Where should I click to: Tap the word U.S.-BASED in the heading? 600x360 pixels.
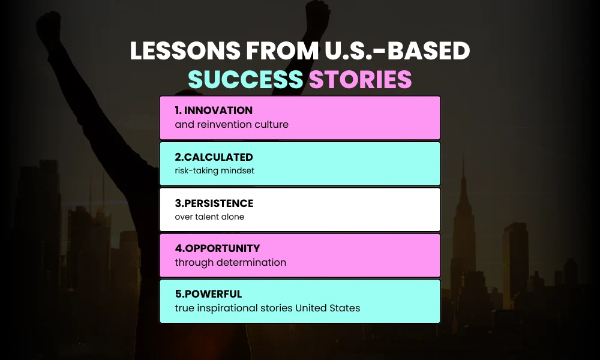click(397, 52)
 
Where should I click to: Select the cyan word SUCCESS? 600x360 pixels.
click(245, 79)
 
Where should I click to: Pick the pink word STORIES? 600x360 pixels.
click(361, 79)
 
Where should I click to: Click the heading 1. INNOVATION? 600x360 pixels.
click(214, 111)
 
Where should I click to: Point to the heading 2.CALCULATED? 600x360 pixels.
click(214, 157)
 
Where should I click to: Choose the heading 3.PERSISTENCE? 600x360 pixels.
click(214, 203)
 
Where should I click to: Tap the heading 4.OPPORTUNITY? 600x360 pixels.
click(217, 248)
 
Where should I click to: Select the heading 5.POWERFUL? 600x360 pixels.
click(208, 294)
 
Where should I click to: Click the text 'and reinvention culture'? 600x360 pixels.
click(232, 125)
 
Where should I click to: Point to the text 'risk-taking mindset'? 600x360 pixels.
click(214, 170)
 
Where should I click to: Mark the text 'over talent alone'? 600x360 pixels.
click(209, 217)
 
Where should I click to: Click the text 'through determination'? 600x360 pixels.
click(230, 262)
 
